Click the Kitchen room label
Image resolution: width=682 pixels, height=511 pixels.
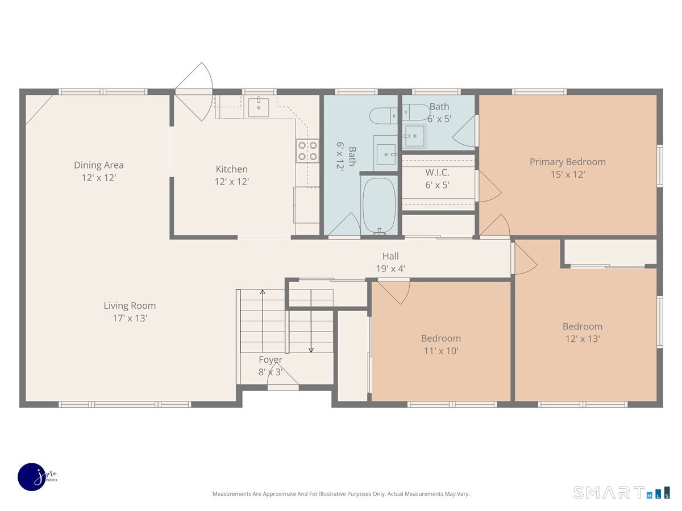[x=231, y=169]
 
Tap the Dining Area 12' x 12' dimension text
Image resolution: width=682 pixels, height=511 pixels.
[x=99, y=178]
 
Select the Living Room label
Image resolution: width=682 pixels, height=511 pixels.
[x=130, y=305]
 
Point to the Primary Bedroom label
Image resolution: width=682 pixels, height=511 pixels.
[x=567, y=162]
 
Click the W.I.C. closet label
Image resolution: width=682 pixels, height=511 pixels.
[x=437, y=172]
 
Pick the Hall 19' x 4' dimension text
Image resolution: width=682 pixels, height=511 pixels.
[x=390, y=269]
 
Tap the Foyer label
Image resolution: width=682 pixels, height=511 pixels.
[x=271, y=359]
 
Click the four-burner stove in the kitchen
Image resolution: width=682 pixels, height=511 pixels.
[x=307, y=151]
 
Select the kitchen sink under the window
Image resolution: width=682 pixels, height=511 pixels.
[x=259, y=107]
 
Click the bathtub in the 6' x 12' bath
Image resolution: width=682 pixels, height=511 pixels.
[x=380, y=206]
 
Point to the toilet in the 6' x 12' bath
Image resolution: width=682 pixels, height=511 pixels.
[x=384, y=116]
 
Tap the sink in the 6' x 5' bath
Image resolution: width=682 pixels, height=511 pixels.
[x=414, y=136]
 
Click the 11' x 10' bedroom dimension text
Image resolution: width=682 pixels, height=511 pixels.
[x=441, y=351]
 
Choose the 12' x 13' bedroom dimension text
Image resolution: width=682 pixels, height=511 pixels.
[x=583, y=339]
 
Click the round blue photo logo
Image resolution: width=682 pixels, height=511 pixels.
[x=32, y=477]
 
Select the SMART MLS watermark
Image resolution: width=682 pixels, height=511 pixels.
[x=621, y=492]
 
